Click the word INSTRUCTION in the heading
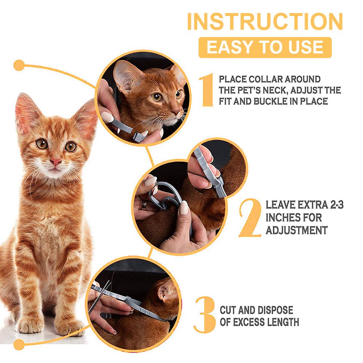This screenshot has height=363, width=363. point(265,21)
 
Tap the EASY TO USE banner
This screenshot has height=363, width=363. point(265,47)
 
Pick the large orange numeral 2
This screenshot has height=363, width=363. point(250,217)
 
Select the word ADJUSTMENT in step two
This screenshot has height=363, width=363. point(297,231)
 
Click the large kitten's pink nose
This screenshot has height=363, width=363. point(56,162)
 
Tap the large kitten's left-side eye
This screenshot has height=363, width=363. point(42,144)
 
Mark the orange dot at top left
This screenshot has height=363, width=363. point(19,65)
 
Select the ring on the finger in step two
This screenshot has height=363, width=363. point(144,205)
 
